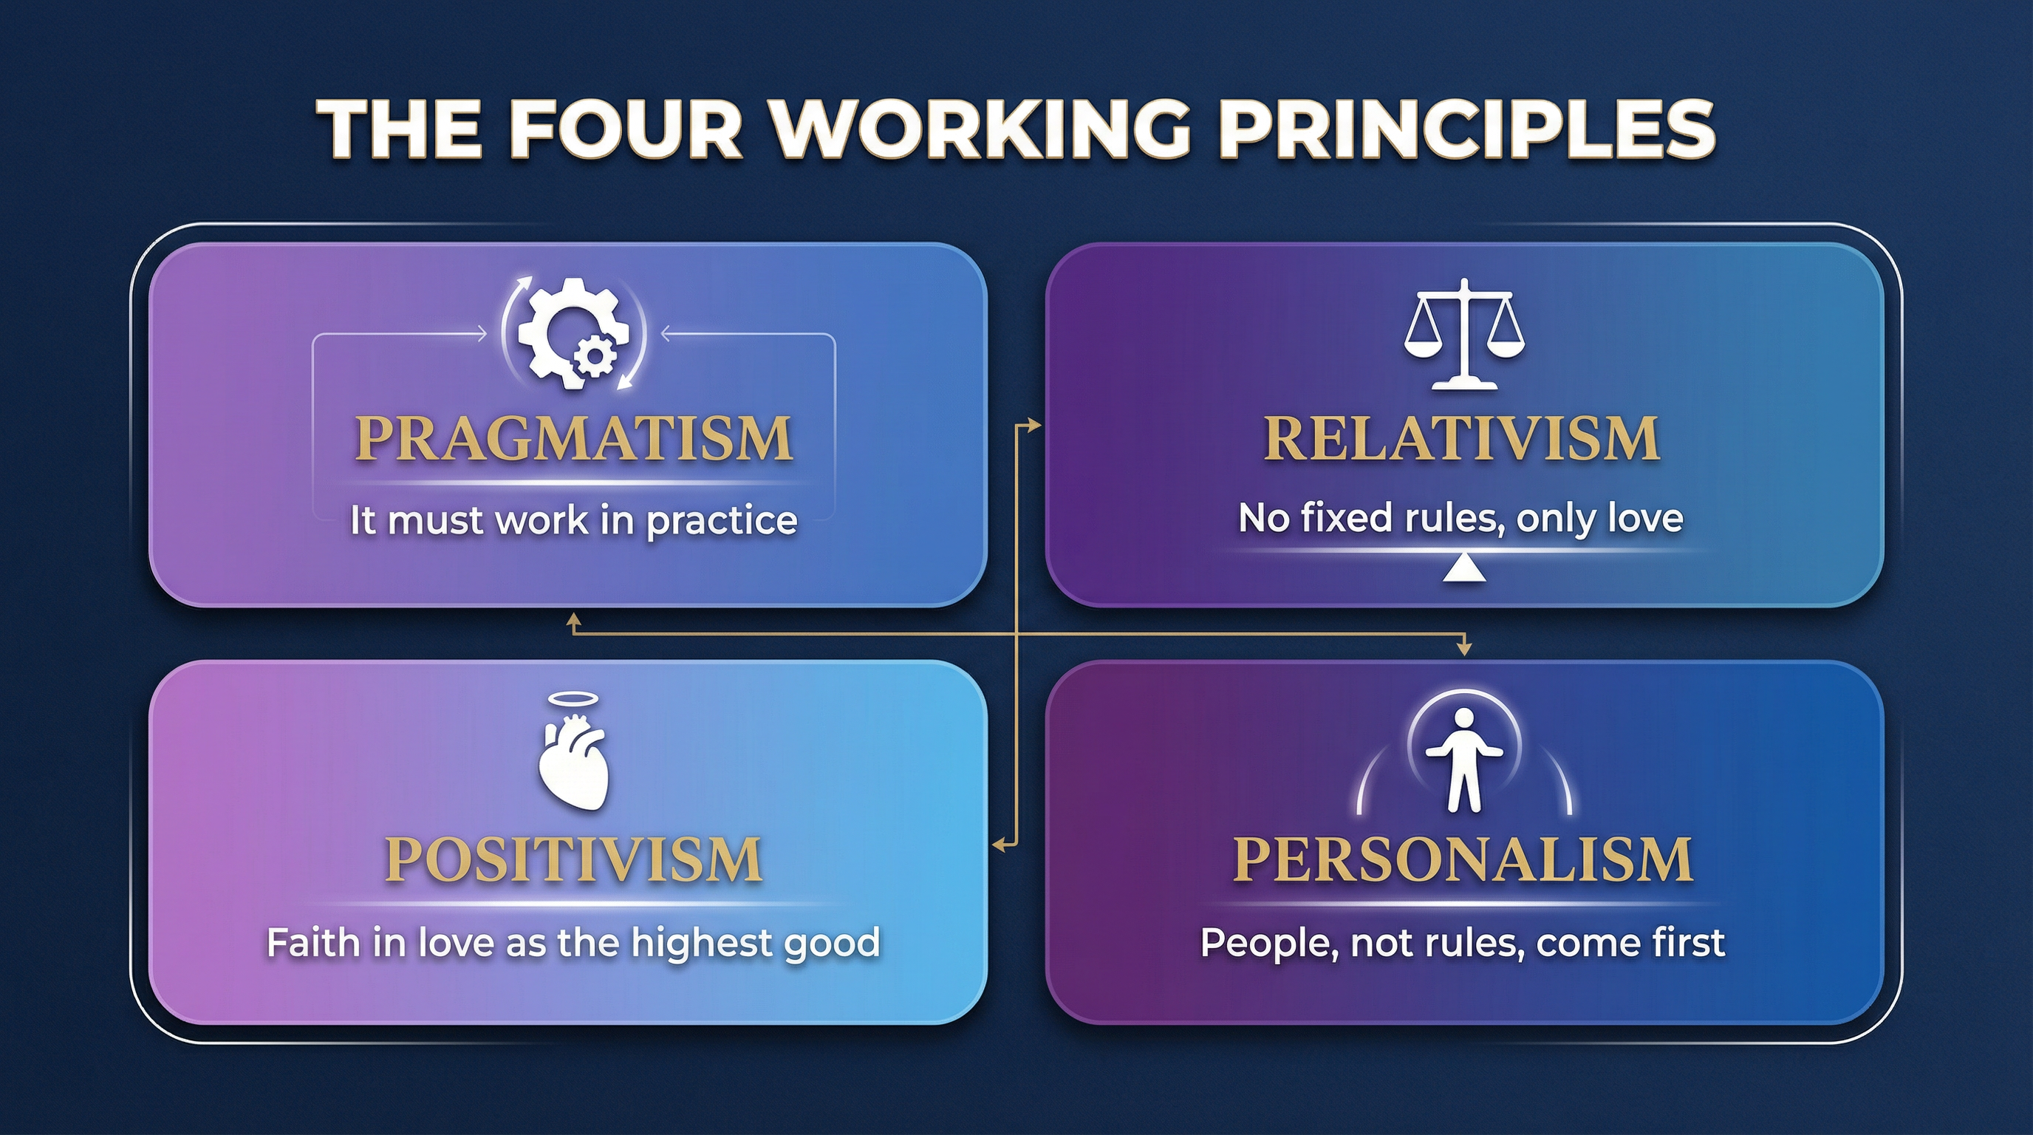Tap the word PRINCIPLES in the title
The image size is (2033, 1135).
click(x=1467, y=129)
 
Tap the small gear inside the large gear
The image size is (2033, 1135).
click(x=593, y=356)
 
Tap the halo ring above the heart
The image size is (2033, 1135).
click(x=573, y=699)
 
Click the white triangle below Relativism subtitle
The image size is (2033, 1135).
click(x=1464, y=569)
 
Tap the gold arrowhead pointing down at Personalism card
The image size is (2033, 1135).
click(x=1465, y=649)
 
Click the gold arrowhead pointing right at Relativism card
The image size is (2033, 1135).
click(x=1036, y=426)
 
